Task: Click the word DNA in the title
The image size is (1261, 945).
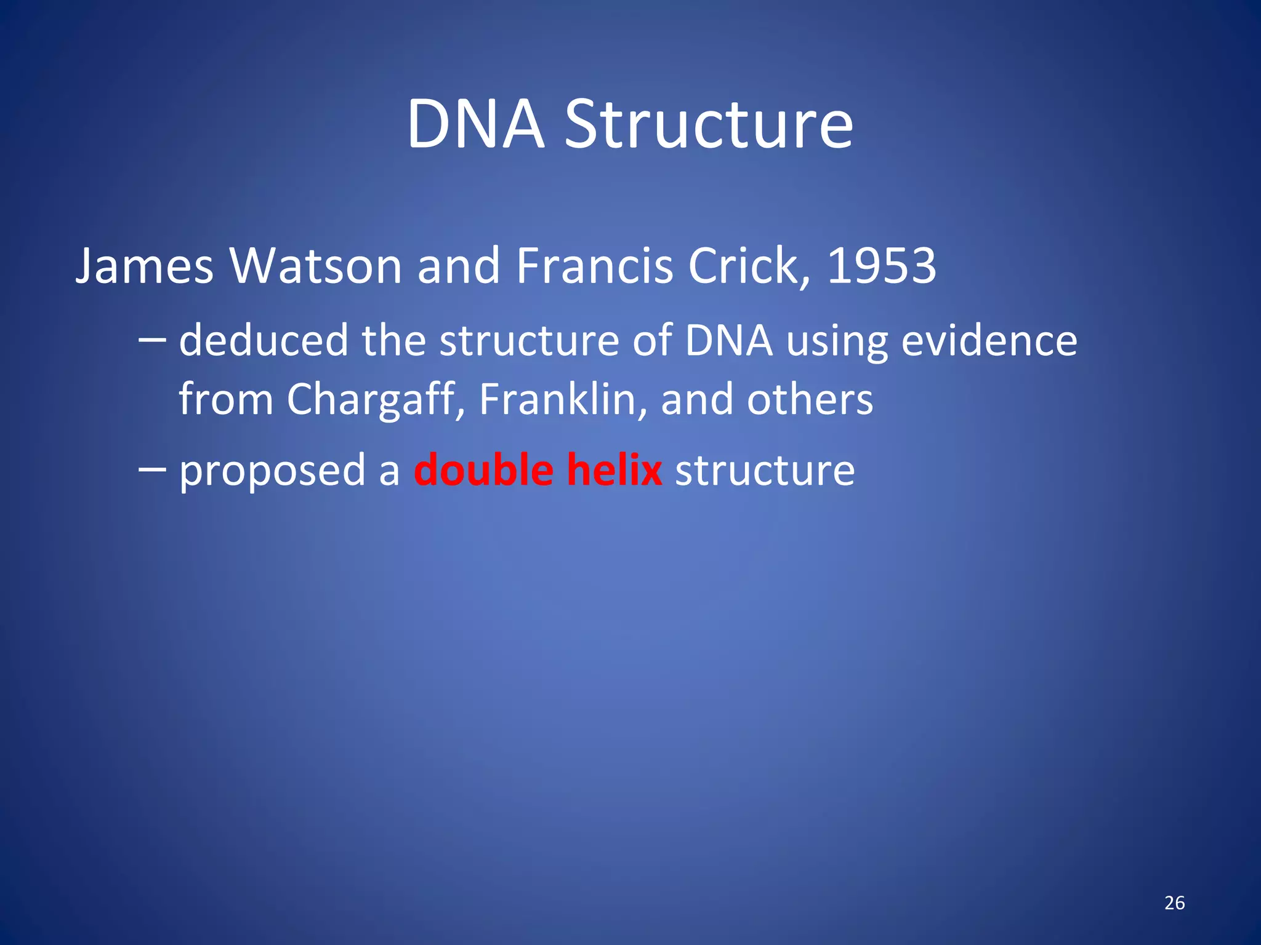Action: pos(475,124)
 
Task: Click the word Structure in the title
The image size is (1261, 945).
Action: pos(709,124)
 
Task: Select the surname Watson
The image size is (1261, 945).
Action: pos(316,266)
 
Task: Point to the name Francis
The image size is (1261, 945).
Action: pos(594,266)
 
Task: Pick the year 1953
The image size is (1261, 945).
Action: pos(881,266)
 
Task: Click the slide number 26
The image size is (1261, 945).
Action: pos(1174,903)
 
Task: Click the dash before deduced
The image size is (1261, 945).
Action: pos(152,339)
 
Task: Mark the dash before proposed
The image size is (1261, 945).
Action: pos(152,469)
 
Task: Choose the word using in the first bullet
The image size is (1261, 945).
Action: pos(837,341)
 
